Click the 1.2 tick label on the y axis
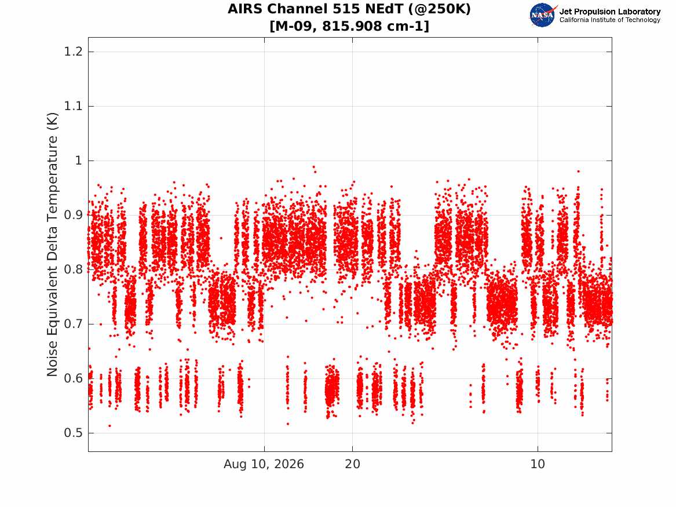tap(74, 52)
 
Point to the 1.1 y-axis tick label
tap(74, 106)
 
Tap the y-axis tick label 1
tap(78, 161)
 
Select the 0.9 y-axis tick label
tap(74, 215)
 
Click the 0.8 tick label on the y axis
tap(74, 269)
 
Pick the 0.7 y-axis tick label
tap(74, 324)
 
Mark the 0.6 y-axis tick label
tap(74, 378)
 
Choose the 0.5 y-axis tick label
tap(74, 433)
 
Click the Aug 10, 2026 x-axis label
tap(264, 464)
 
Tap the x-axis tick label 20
tap(353, 464)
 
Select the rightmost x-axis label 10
tap(538, 464)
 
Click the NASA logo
tap(543, 15)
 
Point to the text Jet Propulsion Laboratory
tap(610, 12)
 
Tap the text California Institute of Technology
tap(610, 20)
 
